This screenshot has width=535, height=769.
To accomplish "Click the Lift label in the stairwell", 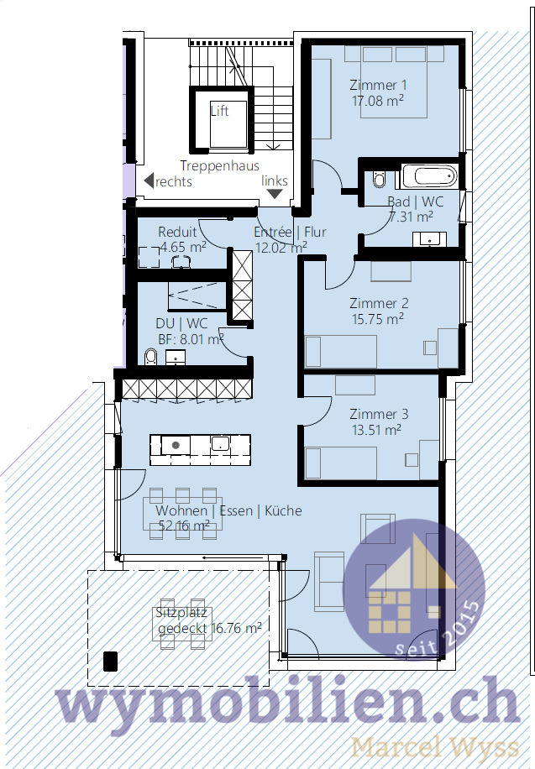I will pos(219,111).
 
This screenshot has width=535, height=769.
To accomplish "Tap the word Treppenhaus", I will pos(219,166).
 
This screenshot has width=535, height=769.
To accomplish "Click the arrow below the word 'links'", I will pos(275,195).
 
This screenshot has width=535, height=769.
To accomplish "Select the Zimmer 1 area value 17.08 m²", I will pos(378,100).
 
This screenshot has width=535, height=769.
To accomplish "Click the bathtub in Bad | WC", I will pos(428,176).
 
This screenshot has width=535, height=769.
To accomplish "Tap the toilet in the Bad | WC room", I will pos(378,180).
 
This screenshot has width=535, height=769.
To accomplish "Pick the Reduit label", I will pos(177,232).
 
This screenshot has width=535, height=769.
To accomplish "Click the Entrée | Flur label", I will pos(290,233).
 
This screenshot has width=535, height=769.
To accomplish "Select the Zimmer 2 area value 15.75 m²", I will pos(378,318).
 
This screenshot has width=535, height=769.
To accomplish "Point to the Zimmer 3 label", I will pos(378,414).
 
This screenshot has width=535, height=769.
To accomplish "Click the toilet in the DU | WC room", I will pos(150,358).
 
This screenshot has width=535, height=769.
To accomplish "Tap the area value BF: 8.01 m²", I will pos(191,339).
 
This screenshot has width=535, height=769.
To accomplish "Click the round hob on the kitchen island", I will pos(176,444).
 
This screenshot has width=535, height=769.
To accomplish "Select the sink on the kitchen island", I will pos(221,443).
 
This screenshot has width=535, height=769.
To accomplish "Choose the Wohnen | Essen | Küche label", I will pos(228,510).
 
